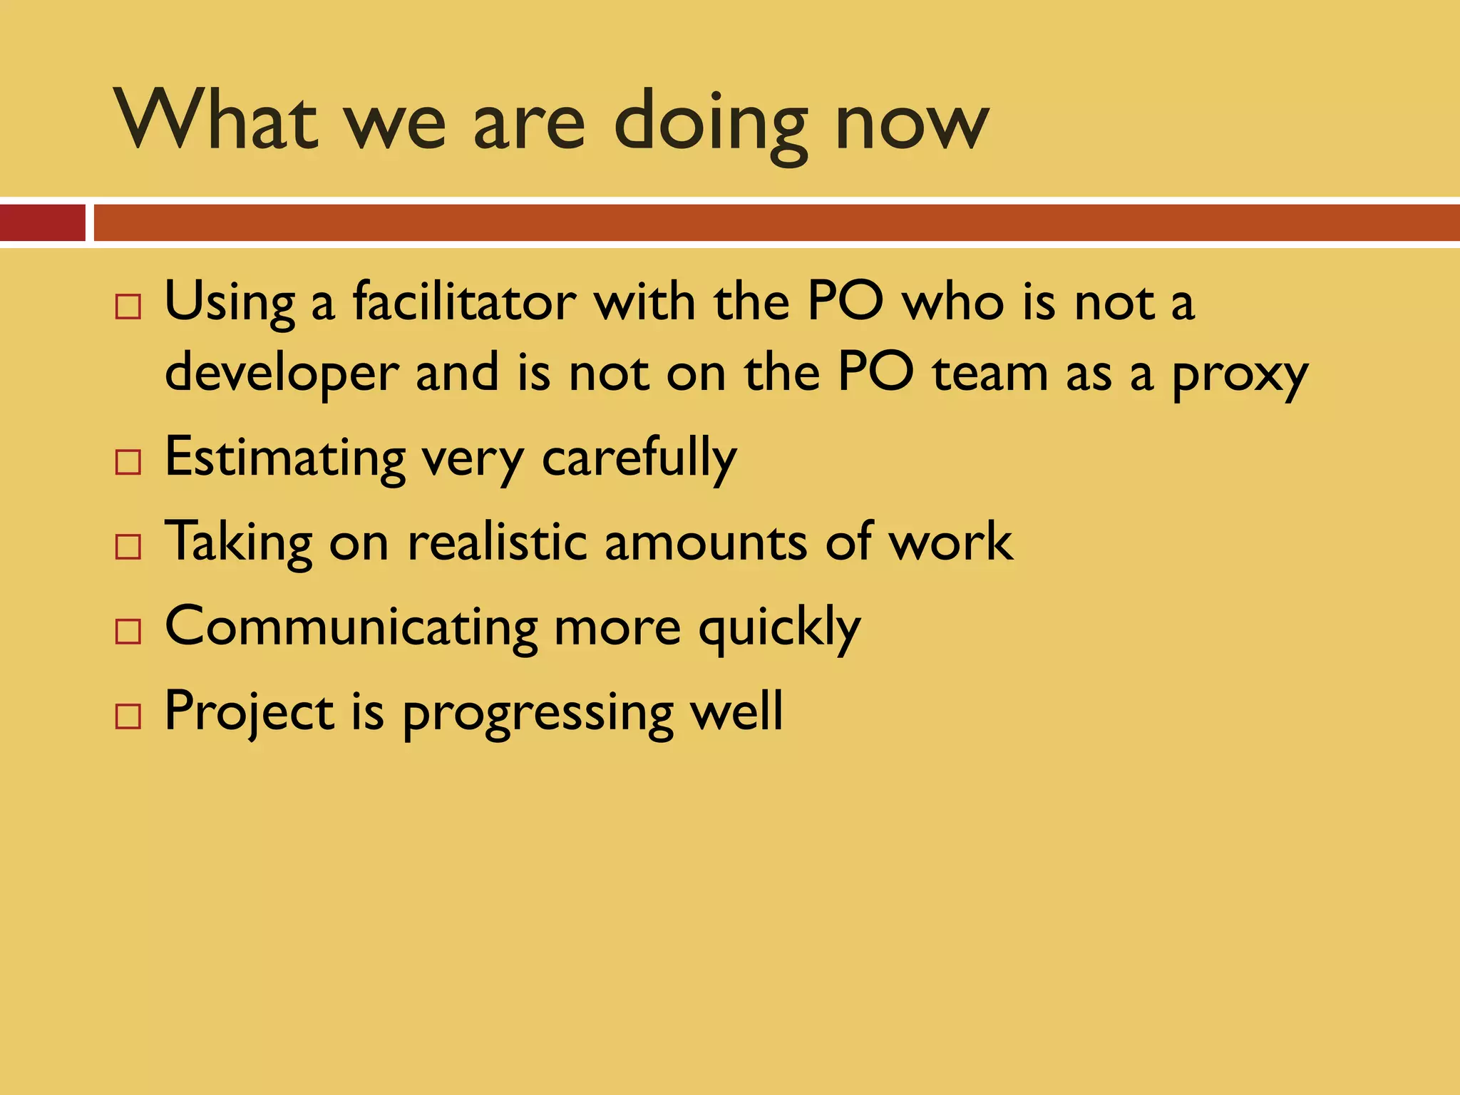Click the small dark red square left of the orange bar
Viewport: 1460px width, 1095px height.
[42, 222]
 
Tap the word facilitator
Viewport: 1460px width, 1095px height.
[464, 302]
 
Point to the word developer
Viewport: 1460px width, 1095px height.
[282, 374]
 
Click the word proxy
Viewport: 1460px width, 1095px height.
[1240, 375]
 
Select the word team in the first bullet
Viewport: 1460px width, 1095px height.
[990, 374]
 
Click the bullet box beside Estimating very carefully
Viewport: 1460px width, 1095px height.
[128, 462]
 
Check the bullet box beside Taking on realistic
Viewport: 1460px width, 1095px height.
[128, 547]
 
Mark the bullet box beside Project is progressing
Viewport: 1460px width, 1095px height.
[128, 716]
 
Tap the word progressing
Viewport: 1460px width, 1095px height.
[538, 713]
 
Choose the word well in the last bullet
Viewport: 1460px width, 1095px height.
[737, 710]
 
